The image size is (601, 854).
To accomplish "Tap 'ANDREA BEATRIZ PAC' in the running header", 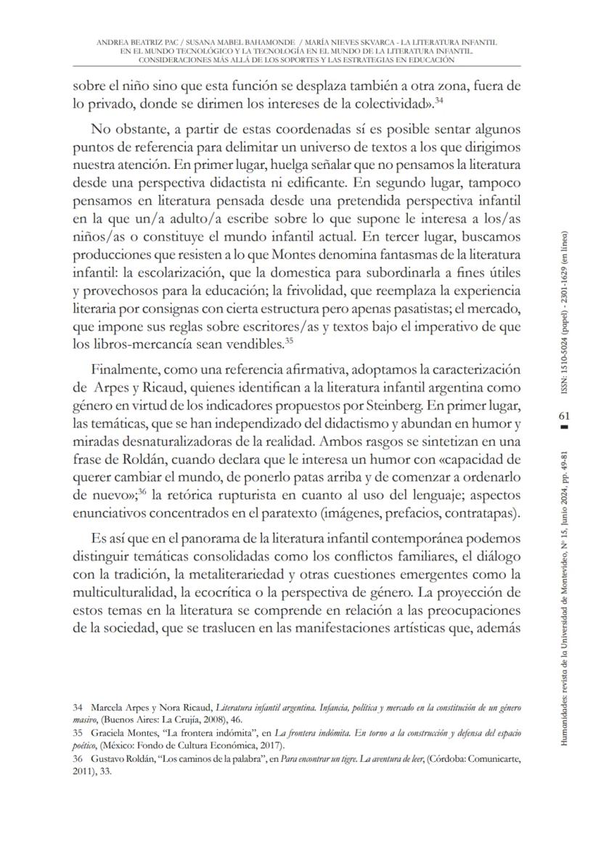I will click(x=132, y=43).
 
